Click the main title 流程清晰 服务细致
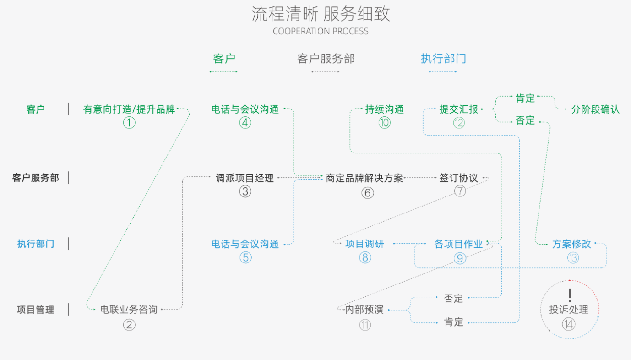pyautogui.click(x=321, y=14)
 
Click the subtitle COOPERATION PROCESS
pyautogui.click(x=321, y=32)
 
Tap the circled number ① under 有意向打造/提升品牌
pyautogui.click(x=129, y=123)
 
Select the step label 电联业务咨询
pyautogui.click(x=129, y=310)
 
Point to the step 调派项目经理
pyautogui.click(x=245, y=178)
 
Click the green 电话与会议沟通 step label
pyautogui.click(x=245, y=109)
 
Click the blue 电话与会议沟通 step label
pyautogui.click(x=245, y=244)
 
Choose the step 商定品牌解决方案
pyautogui.click(x=364, y=178)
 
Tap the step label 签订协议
pyautogui.click(x=458, y=178)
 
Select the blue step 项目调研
pyautogui.click(x=364, y=244)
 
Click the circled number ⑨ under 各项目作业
pyautogui.click(x=459, y=258)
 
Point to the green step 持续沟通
pyautogui.click(x=384, y=109)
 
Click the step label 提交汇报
pyautogui.click(x=458, y=109)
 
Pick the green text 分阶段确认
pyautogui.click(x=595, y=109)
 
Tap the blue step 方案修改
pyautogui.click(x=571, y=244)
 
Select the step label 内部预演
pyautogui.click(x=364, y=310)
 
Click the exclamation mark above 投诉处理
pyautogui.click(x=570, y=295)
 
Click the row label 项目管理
pyautogui.click(x=35, y=310)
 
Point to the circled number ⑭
pyautogui.click(x=569, y=324)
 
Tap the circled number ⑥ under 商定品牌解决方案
pyautogui.click(x=367, y=193)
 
